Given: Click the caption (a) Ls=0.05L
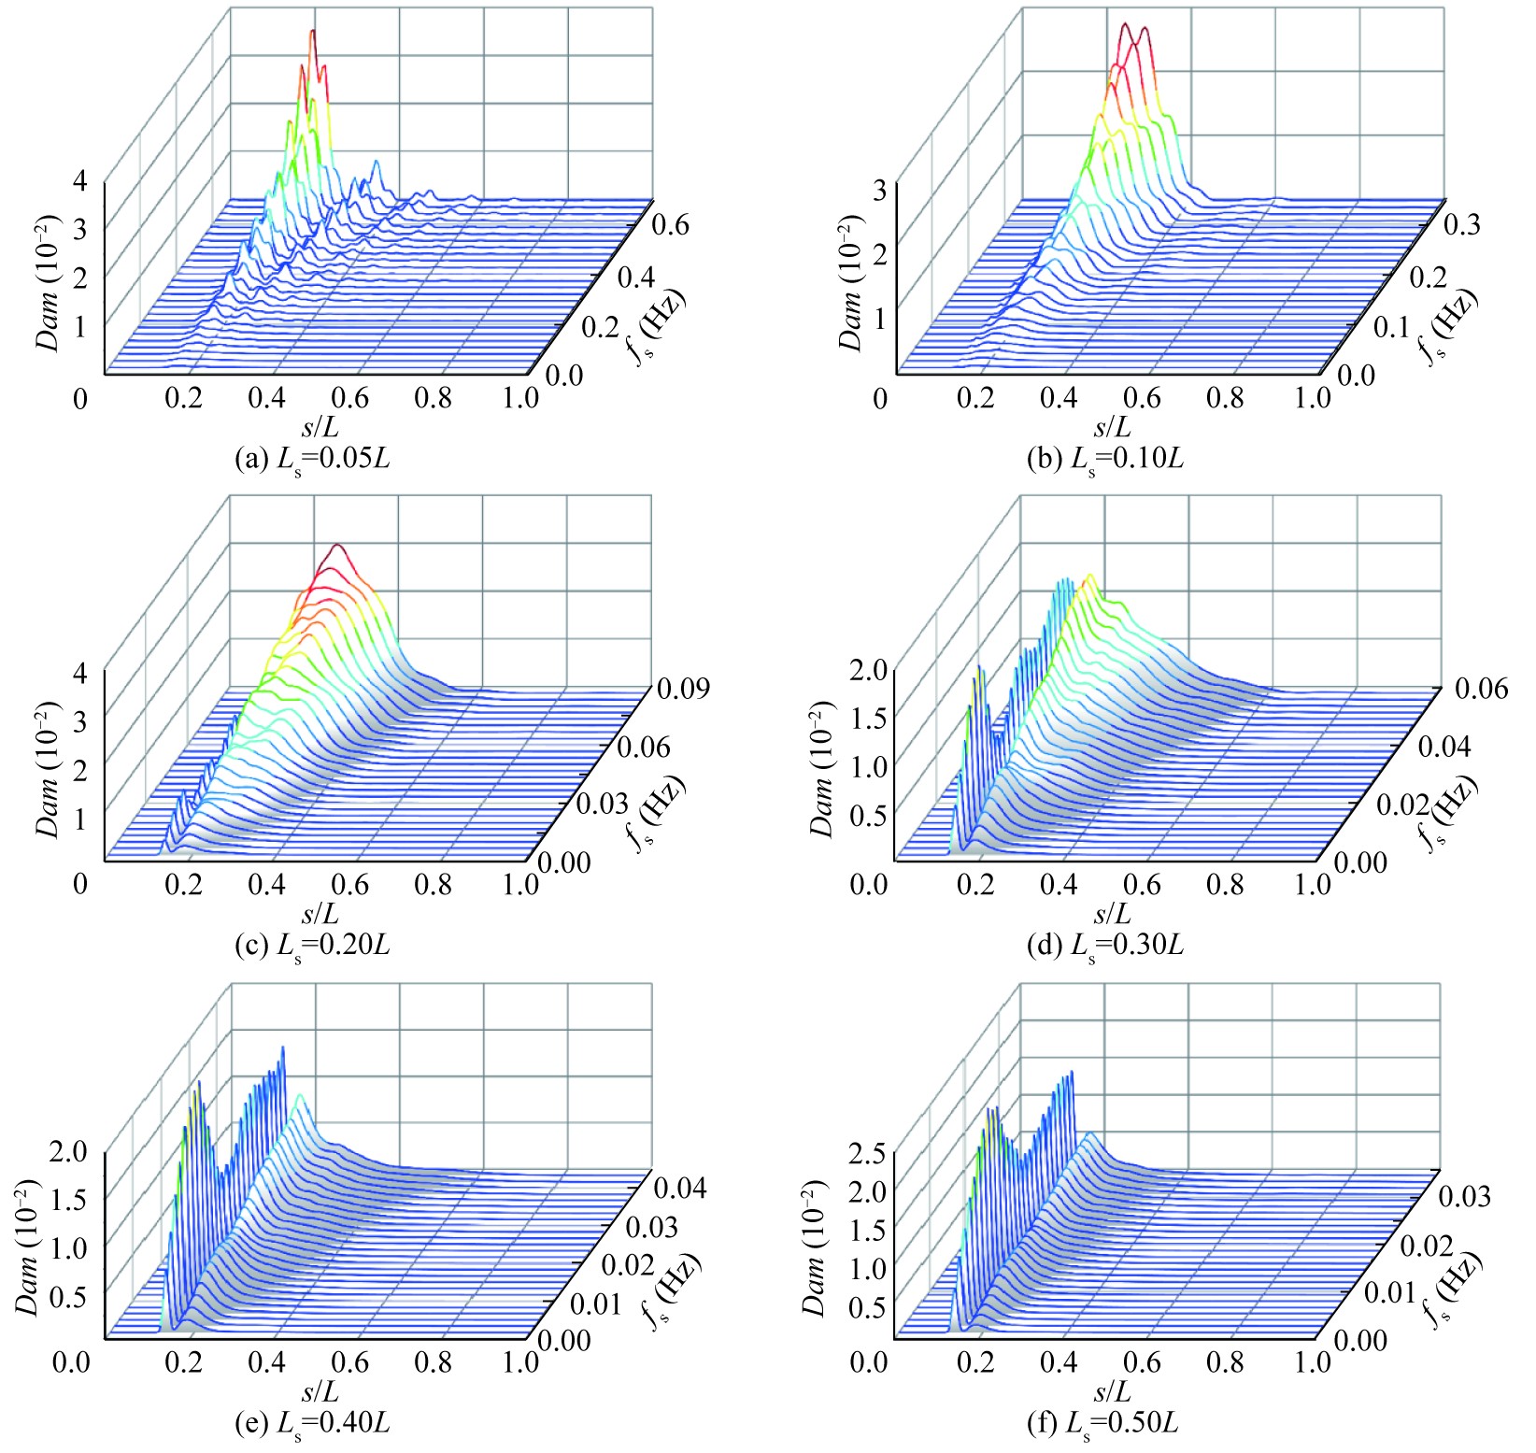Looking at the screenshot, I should click(x=312, y=459).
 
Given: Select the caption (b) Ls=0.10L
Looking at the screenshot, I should click(x=1105, y=459).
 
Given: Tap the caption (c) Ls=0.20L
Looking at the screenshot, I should click(x=312, y=945).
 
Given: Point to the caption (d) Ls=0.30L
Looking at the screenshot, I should click(x=1105, y=945).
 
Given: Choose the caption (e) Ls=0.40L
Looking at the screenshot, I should click(x=312, y=1423).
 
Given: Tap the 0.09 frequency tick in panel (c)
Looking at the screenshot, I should click(x=682, y=690).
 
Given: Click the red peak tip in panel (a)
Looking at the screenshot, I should click(x=313, y=32).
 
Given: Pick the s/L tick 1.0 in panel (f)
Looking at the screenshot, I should click(x=1314, y=1361).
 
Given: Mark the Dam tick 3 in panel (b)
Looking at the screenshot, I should click(x=879, y=191).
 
